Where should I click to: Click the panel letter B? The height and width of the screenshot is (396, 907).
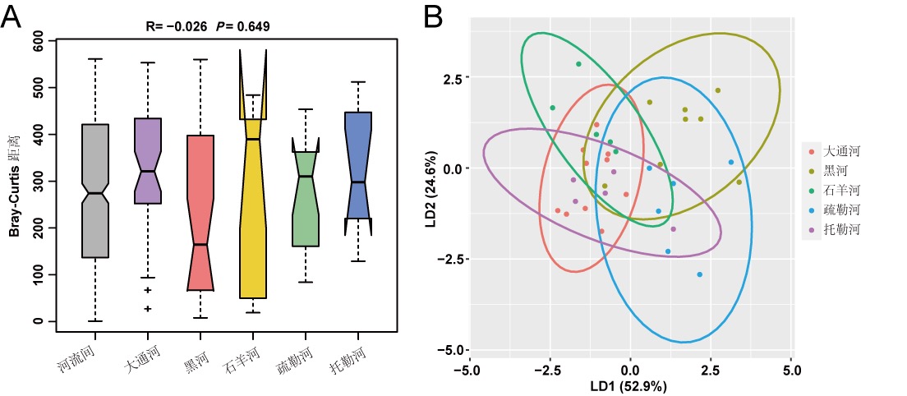point(435,16)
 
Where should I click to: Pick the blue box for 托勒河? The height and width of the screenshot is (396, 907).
point(358,164)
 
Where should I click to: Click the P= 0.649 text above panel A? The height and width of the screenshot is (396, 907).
point(243,26)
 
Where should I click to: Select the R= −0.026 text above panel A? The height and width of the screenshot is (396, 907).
point(177,26)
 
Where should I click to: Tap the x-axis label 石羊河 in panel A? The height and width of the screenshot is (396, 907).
point(242,361)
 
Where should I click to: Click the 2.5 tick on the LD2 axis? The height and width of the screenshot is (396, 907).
point(453,78)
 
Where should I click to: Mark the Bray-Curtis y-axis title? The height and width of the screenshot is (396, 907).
point(15,181)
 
